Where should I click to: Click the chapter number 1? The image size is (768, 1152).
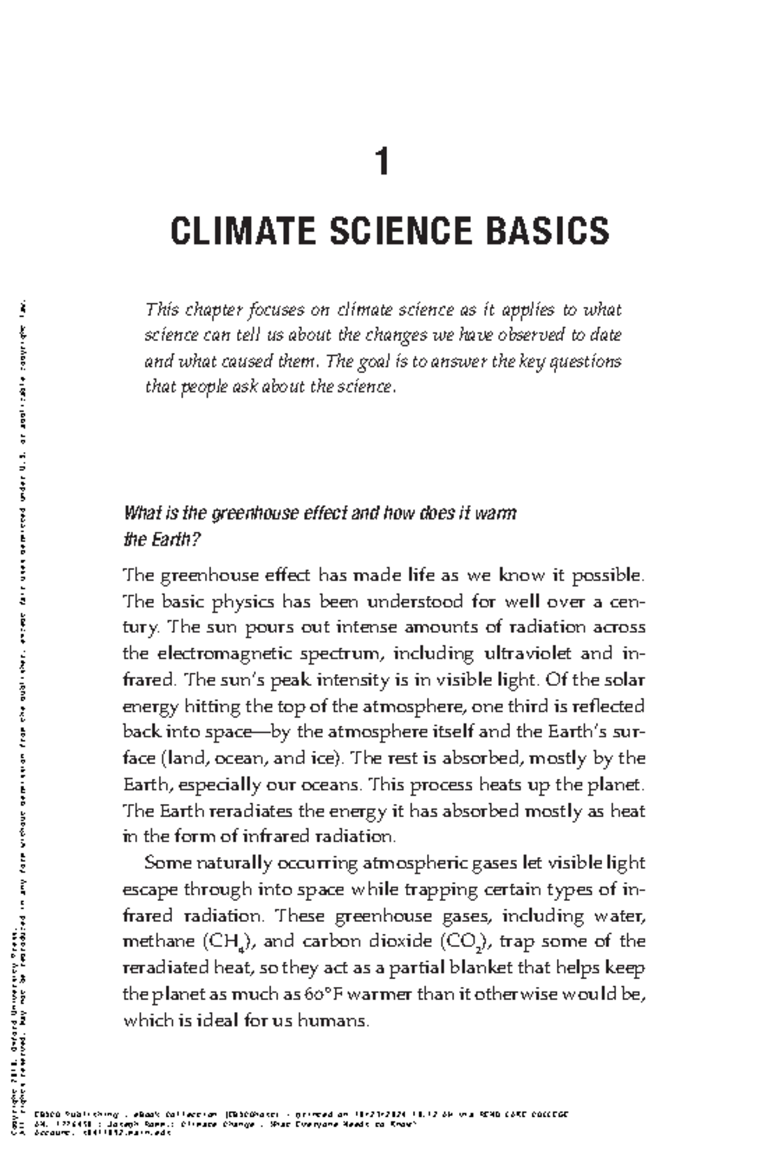(382, 161)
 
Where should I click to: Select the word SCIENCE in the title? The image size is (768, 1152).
(401, 231)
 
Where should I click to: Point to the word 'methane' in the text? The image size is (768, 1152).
(158, 942)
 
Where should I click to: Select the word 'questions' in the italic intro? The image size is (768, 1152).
(586, 362)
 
